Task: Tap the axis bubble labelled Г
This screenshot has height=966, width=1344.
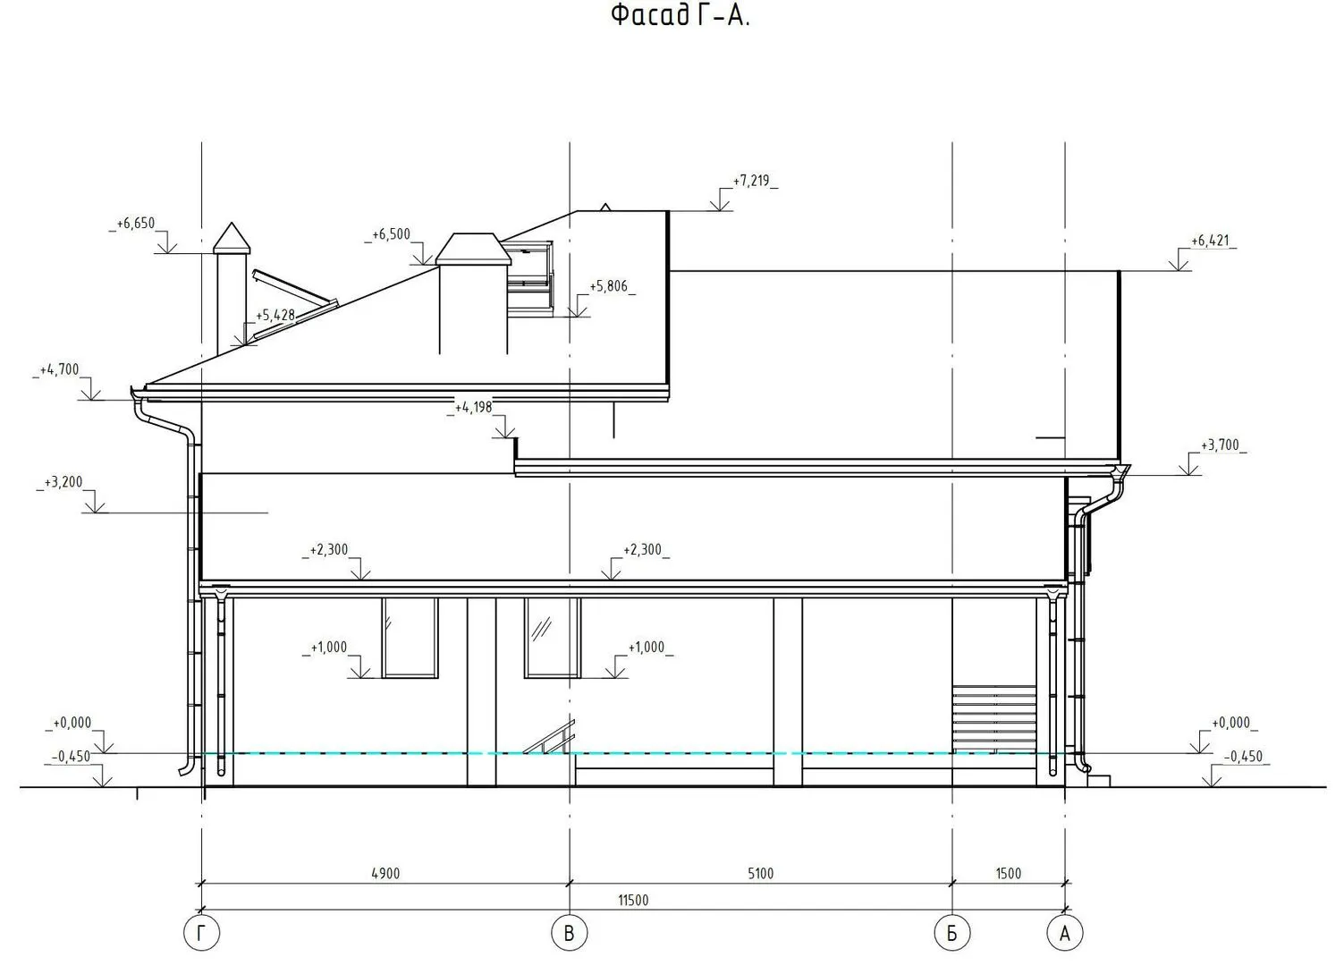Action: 201,933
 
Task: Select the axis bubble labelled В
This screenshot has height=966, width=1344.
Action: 570,933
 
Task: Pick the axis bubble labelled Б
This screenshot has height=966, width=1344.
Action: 952,933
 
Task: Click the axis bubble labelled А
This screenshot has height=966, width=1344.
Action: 1065,933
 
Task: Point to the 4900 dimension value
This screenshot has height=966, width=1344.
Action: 385,873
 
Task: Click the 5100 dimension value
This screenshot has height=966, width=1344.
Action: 760,873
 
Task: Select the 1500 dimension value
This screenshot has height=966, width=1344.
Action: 1009,873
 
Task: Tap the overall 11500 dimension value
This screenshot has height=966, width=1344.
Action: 633,900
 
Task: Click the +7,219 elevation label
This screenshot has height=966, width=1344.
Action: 751,181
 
